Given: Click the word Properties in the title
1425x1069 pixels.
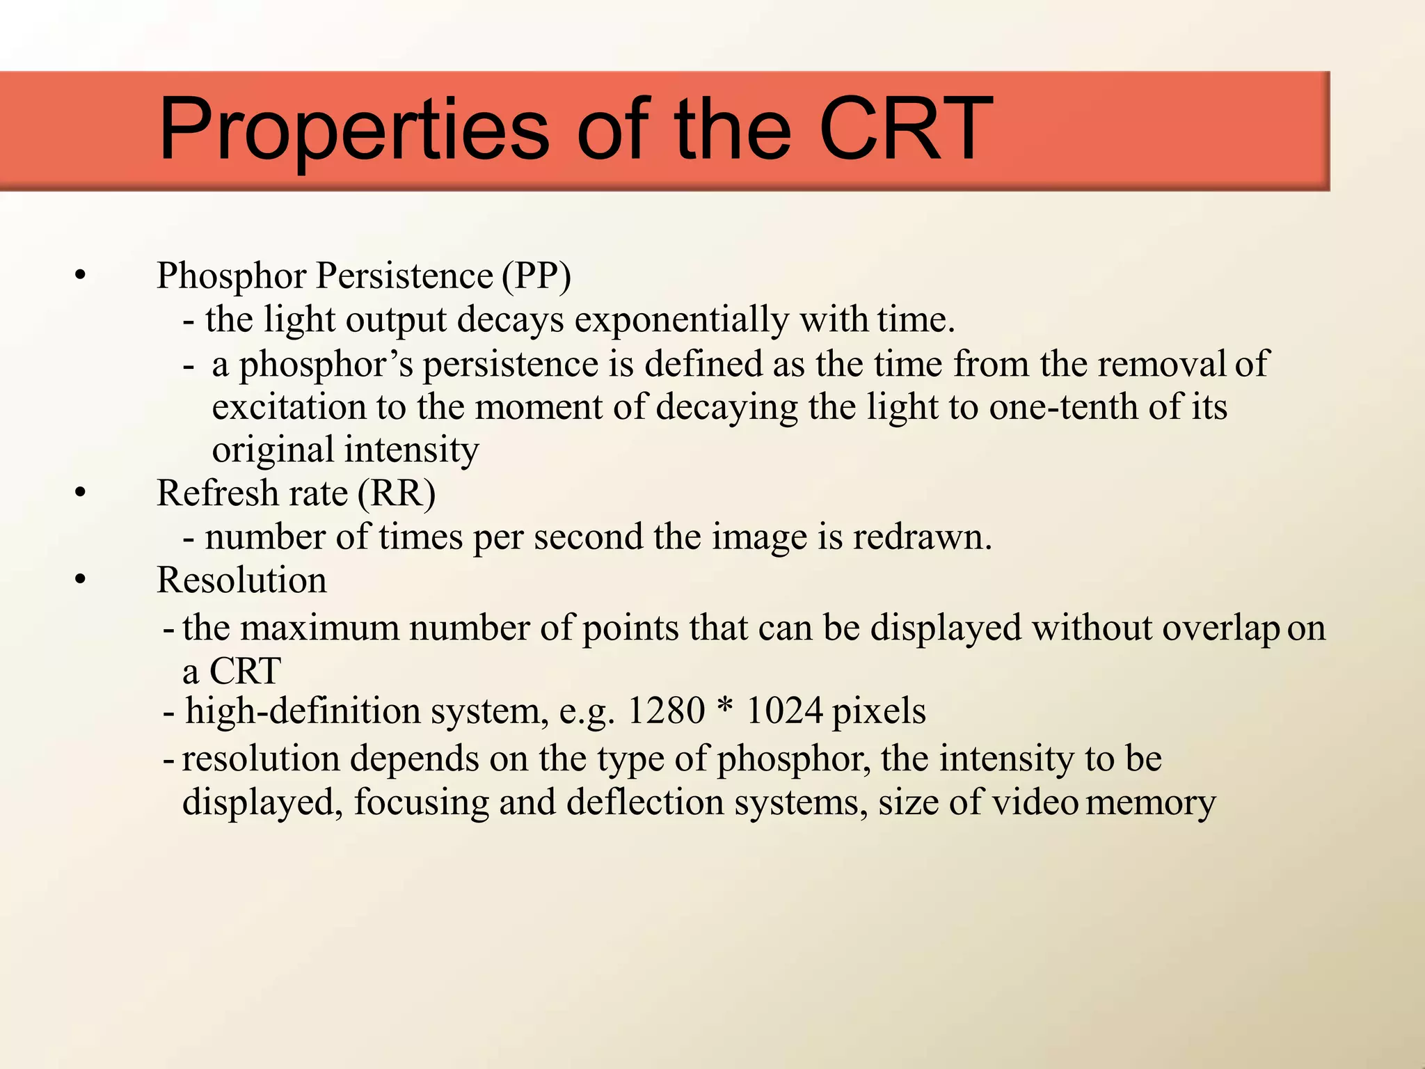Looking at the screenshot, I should point(354,130).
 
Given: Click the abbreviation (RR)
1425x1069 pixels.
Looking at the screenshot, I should point(397,493).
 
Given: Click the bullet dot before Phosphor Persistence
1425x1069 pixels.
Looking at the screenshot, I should point(81,276).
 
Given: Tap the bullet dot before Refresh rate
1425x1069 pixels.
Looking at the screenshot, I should point(81,494).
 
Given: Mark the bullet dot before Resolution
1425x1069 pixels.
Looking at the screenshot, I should point(81,580).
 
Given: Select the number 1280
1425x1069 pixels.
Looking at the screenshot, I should point(666,711).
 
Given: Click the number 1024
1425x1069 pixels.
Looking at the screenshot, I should point(785,711).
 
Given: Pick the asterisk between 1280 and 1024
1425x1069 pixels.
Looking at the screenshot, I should point(725,708).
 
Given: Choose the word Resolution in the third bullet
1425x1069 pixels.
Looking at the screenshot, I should point(241,580).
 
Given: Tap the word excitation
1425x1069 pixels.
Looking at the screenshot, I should point(289,407).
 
